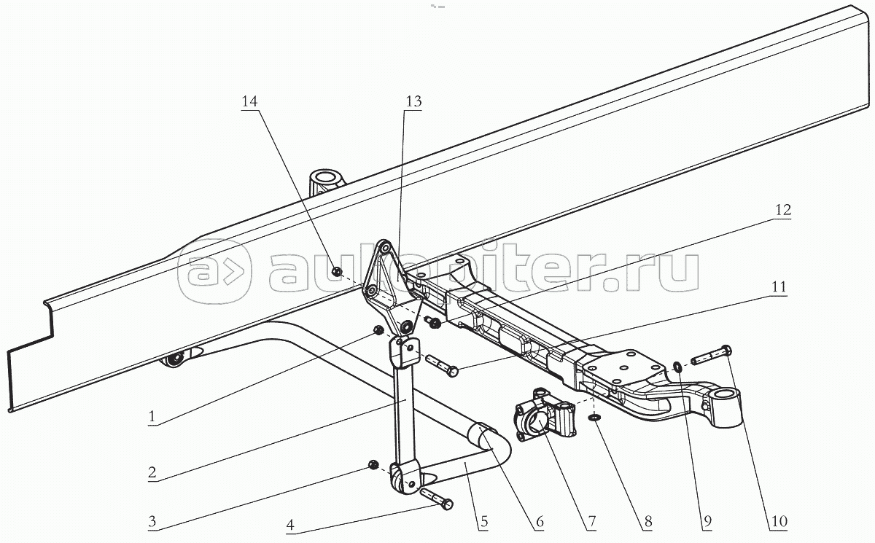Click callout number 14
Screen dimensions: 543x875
click(250, 103)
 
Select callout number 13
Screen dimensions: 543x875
click(413, 103)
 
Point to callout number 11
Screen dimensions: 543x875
click(779, 287)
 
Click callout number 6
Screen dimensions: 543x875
click(539, 521)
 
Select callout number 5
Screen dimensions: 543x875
click(483, 521)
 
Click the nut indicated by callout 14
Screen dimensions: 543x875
click(336, 272)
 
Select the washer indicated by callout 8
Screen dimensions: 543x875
click(594, 418)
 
